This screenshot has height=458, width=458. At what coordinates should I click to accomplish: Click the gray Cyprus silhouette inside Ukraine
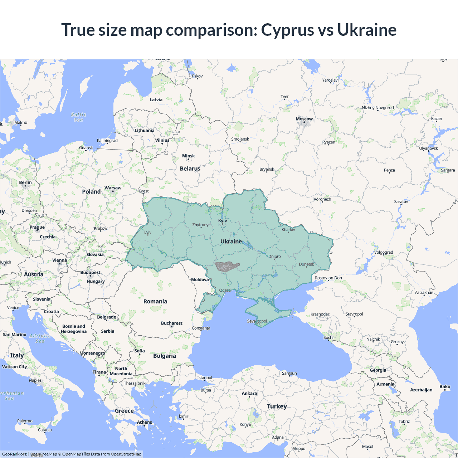[226, 267]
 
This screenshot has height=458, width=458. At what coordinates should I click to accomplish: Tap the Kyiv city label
[223, 220]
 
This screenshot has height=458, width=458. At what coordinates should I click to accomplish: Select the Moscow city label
[304, 119]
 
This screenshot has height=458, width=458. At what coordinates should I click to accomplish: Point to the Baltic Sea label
[79, 117]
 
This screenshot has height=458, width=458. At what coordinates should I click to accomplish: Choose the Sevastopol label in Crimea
[257, 321]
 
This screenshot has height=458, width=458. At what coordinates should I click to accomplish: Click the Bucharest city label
[171, 323]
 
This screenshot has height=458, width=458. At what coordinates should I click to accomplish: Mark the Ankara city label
[249, 393]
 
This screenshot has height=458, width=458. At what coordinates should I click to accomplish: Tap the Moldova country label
[200, 279]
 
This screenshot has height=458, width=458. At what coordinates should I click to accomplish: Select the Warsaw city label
[113, 188]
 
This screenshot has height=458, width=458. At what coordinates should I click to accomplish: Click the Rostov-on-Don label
[328, 278]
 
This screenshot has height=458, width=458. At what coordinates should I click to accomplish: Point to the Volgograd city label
[384, 252]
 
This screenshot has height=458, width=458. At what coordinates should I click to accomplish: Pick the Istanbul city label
[205, 377]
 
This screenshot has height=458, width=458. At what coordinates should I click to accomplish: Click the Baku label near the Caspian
[445, 386]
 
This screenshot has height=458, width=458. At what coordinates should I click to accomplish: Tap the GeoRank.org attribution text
[14, 454]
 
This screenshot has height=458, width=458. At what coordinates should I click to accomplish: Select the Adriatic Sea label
[40, 338]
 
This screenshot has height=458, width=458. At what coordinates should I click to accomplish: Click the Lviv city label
[148, 232]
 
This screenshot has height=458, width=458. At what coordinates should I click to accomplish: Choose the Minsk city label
[188, 156]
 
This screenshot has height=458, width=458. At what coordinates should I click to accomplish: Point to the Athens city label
[144, 422]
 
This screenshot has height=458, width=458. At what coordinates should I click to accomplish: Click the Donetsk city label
[306, 264]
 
